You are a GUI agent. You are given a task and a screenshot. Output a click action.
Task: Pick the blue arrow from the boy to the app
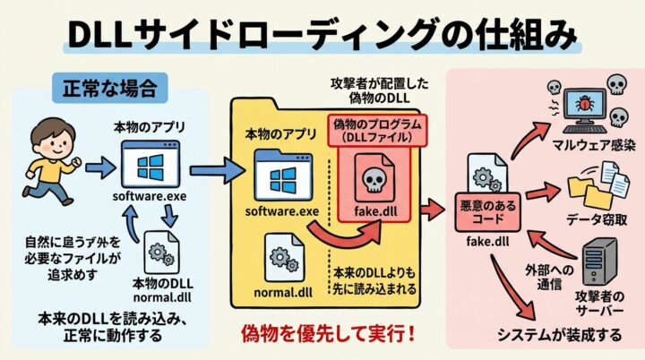(x=99, y=167)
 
